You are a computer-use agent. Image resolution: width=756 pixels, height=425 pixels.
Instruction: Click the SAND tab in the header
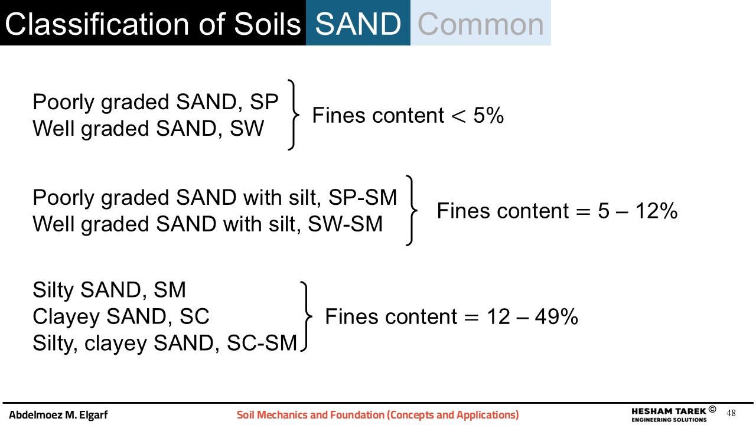(x=358, y=23)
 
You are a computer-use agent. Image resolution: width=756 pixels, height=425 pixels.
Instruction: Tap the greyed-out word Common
(x=481, y=24)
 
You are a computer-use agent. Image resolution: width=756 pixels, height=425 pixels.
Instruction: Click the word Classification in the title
(x=97, y=24)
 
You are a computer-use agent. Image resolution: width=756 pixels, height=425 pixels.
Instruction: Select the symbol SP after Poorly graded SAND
(x=264, y=102)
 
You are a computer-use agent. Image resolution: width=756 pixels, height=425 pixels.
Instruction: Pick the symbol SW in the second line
(x=247, y=128)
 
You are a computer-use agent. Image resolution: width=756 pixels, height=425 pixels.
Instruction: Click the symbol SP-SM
(x=363, y=197)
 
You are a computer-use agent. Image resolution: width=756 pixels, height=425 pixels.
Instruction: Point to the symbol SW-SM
(x=346, y=224)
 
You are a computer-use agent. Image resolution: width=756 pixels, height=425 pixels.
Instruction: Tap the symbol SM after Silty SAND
(x=170, y=289)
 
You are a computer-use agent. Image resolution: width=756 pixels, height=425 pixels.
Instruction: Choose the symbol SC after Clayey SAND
(x=194, y=316)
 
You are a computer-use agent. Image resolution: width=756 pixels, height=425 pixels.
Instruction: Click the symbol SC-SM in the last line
(x=262, y=343)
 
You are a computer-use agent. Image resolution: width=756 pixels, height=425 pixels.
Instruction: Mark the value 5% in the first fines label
(x=488, y=115)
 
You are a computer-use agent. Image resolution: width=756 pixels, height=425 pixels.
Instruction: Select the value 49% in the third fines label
(x=556, y=317)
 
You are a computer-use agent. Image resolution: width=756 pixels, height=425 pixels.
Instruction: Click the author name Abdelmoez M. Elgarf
(x=58, y=414)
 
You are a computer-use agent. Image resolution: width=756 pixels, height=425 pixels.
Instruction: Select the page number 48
(x=731, y=413)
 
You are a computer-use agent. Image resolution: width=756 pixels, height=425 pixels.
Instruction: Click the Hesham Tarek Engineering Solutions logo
(x=674, y=414)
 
